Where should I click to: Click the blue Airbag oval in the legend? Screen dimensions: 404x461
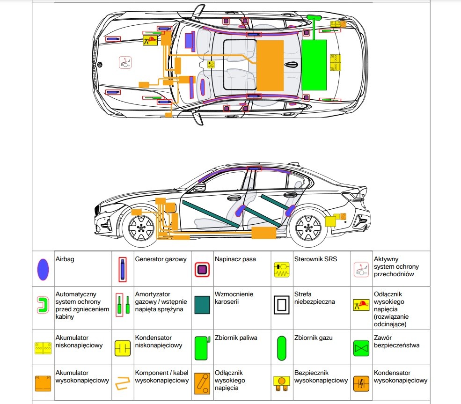43,269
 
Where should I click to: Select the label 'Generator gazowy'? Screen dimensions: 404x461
161,259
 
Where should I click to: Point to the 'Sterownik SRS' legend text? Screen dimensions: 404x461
315,259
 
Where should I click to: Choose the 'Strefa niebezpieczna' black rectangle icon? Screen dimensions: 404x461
282,305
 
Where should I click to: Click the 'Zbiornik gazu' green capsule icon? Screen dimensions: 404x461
281,348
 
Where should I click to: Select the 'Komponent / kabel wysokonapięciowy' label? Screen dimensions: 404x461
161,377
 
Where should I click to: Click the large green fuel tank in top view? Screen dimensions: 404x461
314,65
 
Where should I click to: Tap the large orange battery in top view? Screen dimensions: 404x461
271,66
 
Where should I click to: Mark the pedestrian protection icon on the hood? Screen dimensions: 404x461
125,63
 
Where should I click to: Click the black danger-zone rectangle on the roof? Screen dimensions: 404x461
240,65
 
